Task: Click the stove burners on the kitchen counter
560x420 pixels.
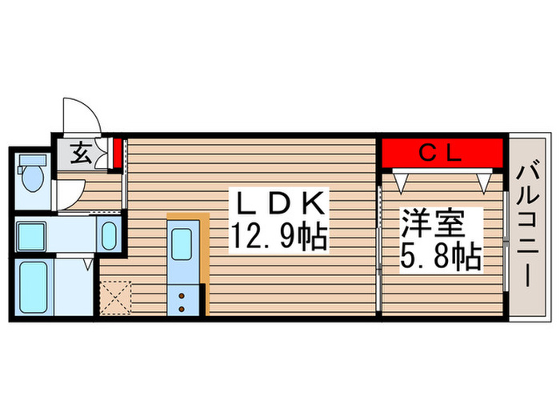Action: click(182, 302)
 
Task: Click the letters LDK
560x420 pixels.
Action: click(278, 202)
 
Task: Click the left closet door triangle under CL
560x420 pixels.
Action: click(399, 182)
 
